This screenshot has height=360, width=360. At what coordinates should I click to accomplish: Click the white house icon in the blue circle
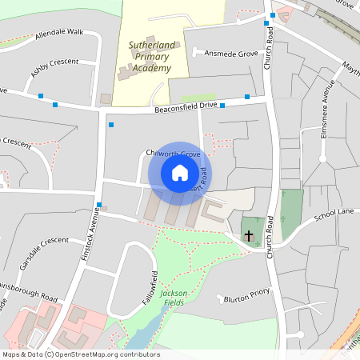pyautogui.click(x=180, y=173)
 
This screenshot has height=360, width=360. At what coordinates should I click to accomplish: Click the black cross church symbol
pyautogui.click(x=249, y=236)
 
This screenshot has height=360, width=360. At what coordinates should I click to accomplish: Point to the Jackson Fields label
pyautogui.click(x=174, y=298)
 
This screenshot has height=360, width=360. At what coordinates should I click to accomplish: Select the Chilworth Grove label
pyautogui.click(x=173, y=153)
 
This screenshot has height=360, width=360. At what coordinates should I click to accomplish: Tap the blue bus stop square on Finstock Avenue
pyautogui.click(x=98, y=206)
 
